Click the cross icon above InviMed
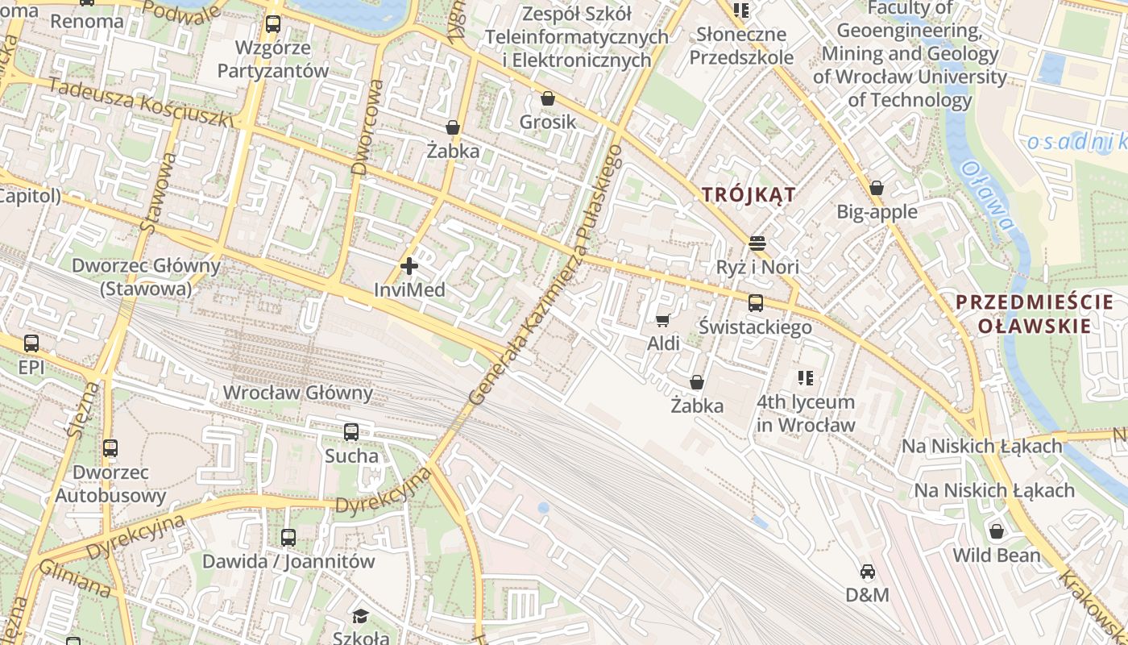coord(409,265)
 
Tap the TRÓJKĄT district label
coord(749,194)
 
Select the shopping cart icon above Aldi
coord(663,320)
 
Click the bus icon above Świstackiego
coord(755,303)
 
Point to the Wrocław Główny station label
coord(297,393)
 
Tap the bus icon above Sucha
coord(351,432)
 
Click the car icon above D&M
coord(867,572)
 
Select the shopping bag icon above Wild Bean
coord(997,531)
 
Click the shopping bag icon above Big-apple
coord(877,188)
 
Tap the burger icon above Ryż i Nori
coord(757,243)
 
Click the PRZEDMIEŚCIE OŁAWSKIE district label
coord(1035,314)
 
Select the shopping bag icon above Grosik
coord(548,98)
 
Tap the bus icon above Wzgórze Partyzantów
coord(273,24)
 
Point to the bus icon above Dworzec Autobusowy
coord(110,448)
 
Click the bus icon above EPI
coord(31,343)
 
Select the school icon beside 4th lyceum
coord(805,377)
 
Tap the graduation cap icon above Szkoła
coord(360,617)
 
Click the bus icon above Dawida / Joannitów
coord(288,537)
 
